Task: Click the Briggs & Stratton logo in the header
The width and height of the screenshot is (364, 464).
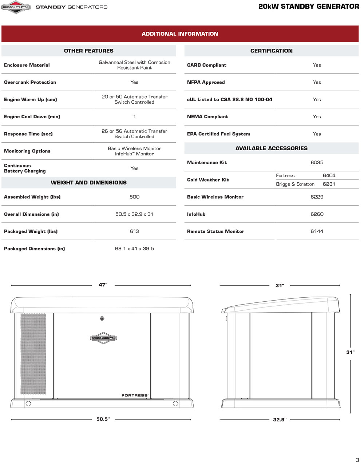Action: [16, 7]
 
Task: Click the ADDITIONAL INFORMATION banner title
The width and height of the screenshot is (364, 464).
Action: [180, 34]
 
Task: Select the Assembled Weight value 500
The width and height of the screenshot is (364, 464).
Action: [134, 197]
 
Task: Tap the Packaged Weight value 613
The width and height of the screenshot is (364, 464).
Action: [134, 231]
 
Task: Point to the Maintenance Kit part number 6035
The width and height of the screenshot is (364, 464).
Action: [317, 163]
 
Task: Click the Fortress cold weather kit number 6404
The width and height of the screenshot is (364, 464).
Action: [329, 175]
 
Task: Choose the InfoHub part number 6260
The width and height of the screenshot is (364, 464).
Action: [317, 214]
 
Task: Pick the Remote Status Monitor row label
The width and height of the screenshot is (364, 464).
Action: [215, 231]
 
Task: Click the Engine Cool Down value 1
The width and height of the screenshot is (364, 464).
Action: [134, 117]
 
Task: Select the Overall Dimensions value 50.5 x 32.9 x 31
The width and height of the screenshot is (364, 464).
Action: [134, 214]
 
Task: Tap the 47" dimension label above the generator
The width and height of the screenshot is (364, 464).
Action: [103, 285]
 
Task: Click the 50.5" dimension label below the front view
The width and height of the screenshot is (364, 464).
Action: [103, 419]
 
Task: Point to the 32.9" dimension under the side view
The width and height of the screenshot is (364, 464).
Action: [280, 420]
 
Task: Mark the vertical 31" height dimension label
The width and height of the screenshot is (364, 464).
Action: [350, 352]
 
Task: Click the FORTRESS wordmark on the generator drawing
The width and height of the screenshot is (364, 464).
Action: [135, 395]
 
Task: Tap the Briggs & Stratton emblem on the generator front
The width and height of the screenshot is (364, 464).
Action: [103, 338]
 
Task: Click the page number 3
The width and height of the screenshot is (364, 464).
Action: [357, 460]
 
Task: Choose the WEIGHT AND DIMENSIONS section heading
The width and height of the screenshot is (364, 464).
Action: [89, 183]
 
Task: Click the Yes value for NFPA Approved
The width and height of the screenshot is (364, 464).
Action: [317, 82]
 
